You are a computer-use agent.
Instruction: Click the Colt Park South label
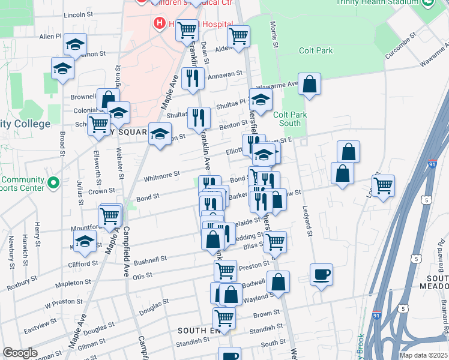287,119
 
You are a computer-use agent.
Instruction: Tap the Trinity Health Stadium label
376,2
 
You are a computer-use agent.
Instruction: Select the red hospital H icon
160,23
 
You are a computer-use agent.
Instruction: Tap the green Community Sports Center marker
53,182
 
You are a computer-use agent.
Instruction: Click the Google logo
20,353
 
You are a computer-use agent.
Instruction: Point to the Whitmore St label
162,176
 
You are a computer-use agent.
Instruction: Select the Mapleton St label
73,281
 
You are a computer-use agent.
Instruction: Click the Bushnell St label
136,261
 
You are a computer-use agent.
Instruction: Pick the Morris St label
274,35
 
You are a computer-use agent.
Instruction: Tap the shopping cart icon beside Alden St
239,35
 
